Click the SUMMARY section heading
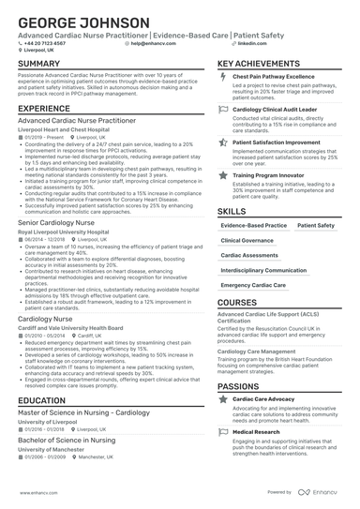pyautogui.click(x=39, y=64)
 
